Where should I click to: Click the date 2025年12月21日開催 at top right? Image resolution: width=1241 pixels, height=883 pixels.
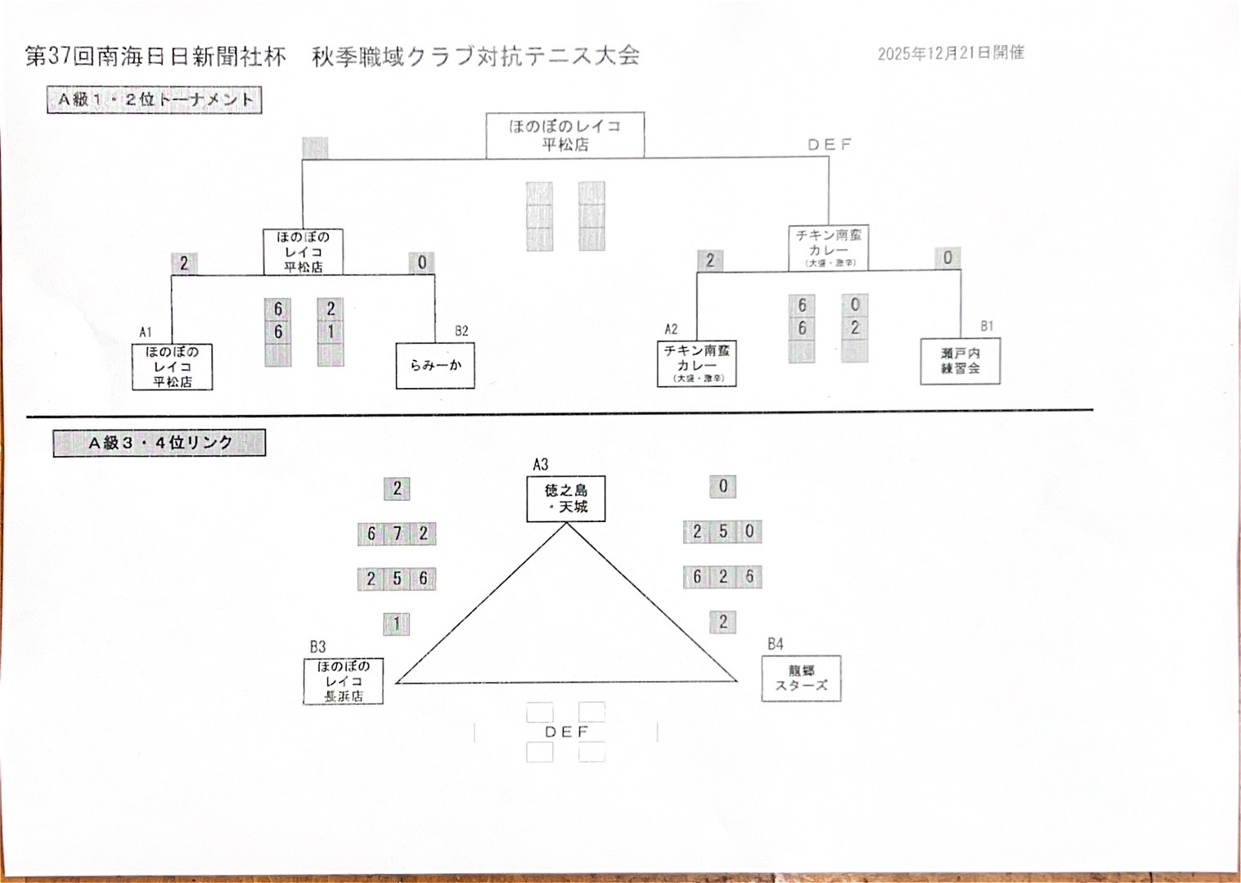(x=951, y=53)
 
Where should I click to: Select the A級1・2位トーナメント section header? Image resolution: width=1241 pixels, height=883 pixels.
(x=155, y=100)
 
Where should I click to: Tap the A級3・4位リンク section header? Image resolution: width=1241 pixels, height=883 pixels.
(x=160, y=443)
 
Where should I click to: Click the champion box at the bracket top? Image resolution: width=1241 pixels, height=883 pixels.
(x=565, y=136)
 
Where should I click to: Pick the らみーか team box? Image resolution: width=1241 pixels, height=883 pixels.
(x=435, y=365)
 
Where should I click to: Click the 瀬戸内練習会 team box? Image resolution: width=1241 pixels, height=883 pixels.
(x=960, y=361)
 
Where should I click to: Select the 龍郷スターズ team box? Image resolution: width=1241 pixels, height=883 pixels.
(x=802, y=678)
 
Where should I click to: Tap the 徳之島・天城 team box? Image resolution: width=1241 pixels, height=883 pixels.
(x=566, y=498)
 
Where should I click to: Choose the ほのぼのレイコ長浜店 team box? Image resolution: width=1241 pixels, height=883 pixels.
(x=344, y=681)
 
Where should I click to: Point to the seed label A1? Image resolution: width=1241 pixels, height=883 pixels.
(x=146, y=332)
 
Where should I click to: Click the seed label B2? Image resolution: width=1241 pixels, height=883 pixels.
(x=461, y=331)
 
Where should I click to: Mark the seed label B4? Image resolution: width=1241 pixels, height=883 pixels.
(x=776, y=644)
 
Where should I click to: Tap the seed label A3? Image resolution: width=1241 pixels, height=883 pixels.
(x=541, y=464)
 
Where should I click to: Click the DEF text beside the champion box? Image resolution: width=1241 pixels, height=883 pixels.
(x=830, y=145)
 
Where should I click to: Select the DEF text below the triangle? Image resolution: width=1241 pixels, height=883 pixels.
(x=566, y=732)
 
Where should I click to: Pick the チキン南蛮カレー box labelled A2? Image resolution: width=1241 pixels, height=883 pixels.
(x=697, y=363)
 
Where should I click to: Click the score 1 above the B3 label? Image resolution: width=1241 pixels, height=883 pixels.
(x=397, y=624)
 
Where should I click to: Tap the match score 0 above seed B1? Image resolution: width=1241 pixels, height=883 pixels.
(x=947, y=258)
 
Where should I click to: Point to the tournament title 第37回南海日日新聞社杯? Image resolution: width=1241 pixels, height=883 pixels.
(x=155, y=56)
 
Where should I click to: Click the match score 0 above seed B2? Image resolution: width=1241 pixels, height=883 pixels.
(x=422, y=263)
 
